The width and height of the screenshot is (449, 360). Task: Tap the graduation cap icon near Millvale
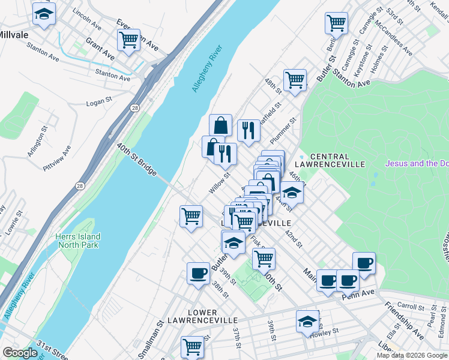pyautogui.click(x=43, y=14)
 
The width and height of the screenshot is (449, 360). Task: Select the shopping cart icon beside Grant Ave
pyautogui.click(x=128, y=40)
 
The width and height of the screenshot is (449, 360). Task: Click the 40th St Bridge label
pyautogui.click(x=137, y=160)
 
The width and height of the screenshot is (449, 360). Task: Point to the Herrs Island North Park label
pyautogui.click(x=78, y=241)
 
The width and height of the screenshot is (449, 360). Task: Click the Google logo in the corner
pyautogui.click(x=20, y=353)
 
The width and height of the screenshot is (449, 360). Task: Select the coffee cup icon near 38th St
pyautogui.click(x=198, y=274)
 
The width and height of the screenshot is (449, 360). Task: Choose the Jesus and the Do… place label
pyautogui.click(x=417, y=163)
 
